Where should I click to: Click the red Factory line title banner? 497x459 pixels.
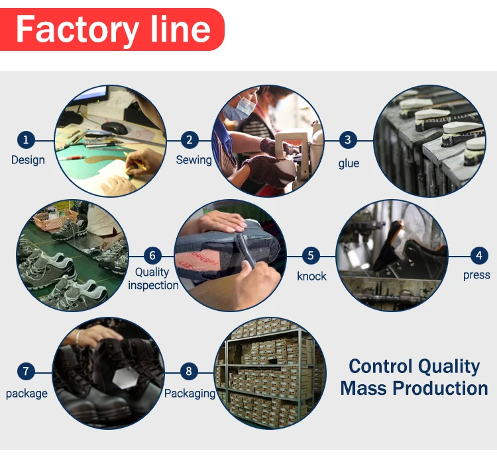(x=113, y=29)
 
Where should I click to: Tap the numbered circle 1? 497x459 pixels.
(x=26, y=140)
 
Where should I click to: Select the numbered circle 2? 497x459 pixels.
(x=190, y=140)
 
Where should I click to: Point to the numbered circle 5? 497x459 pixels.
(x=311, y=255)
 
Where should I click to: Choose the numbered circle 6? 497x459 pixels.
(x=153, y=255)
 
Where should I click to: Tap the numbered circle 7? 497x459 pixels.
(x=26, y=372)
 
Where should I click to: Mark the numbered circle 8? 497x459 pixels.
(x=189, y=372)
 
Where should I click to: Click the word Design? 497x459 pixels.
(x=28, y=160)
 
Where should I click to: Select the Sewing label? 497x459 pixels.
(x=193, y=160)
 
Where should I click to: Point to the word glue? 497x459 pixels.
(x=349, y=163)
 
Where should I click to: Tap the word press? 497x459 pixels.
(x=476, y=275)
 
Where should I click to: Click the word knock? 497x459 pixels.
(x=311, y=276)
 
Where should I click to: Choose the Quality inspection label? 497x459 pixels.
(x=153, y=278)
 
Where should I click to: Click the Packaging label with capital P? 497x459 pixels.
(x=190, y=394)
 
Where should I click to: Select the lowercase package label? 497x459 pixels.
(x=27, y=394)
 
